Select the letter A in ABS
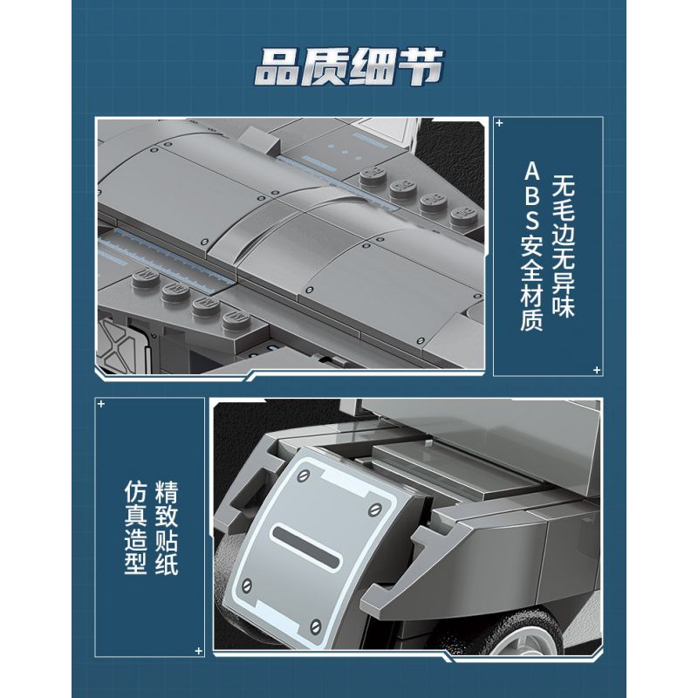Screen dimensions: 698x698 pos(532,171)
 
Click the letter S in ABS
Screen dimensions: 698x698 pos(532,220)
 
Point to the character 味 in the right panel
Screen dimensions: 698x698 pos(564,305)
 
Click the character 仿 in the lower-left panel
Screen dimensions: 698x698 pos(136,492)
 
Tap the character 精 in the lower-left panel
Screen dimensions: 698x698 pos(167,492)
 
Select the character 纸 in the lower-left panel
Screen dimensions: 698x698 pos(167,563)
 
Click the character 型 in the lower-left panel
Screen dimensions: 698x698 pos(136,563)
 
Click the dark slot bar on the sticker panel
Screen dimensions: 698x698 pos(306,546)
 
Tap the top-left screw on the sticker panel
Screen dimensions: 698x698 pos(304,476)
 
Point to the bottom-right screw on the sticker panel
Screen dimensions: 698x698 pos(316,626)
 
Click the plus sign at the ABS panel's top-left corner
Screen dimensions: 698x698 pos(499,123)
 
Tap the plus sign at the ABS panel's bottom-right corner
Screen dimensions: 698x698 pos(597,370)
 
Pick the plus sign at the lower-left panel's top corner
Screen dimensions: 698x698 pos(101,404)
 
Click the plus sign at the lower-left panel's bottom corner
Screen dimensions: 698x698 pos(199,651)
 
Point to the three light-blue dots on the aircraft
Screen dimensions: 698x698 pos(345,151)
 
